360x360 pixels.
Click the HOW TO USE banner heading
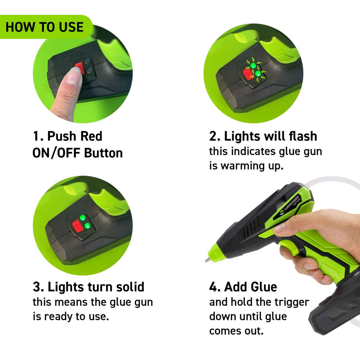pyautogui.click(x=44, y=27)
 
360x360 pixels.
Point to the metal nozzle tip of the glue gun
pyautogui.click(x=207, y=260)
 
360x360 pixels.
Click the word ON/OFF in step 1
pyautogui.click(x=56, y=153)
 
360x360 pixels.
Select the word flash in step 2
pyautogui.click(x=303, y=136)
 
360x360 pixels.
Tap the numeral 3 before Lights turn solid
pyautogui.click(x=37, y=287)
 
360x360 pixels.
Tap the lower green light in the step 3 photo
pyautogui.click(x=87, y=226)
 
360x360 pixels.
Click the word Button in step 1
pyautogui.click(x=103, y=153)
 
